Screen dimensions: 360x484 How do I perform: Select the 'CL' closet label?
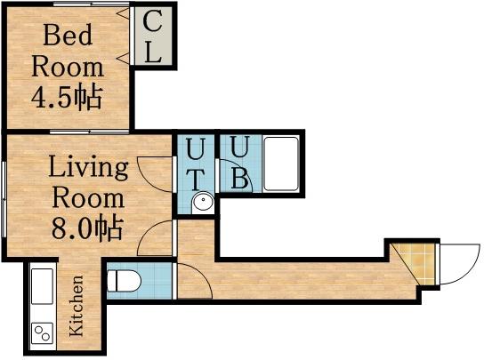point(153,36)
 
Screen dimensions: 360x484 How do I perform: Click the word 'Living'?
point(87,166)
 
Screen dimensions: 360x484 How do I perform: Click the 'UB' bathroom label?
point(239,163)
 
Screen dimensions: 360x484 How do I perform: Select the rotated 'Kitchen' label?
point(77,306)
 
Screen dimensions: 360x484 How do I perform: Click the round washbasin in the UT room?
point(204,202)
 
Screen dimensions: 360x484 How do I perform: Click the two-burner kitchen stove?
point(42,332)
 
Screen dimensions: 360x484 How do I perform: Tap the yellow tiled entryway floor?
point(416,262)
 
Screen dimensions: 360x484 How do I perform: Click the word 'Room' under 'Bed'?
point(67,66)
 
